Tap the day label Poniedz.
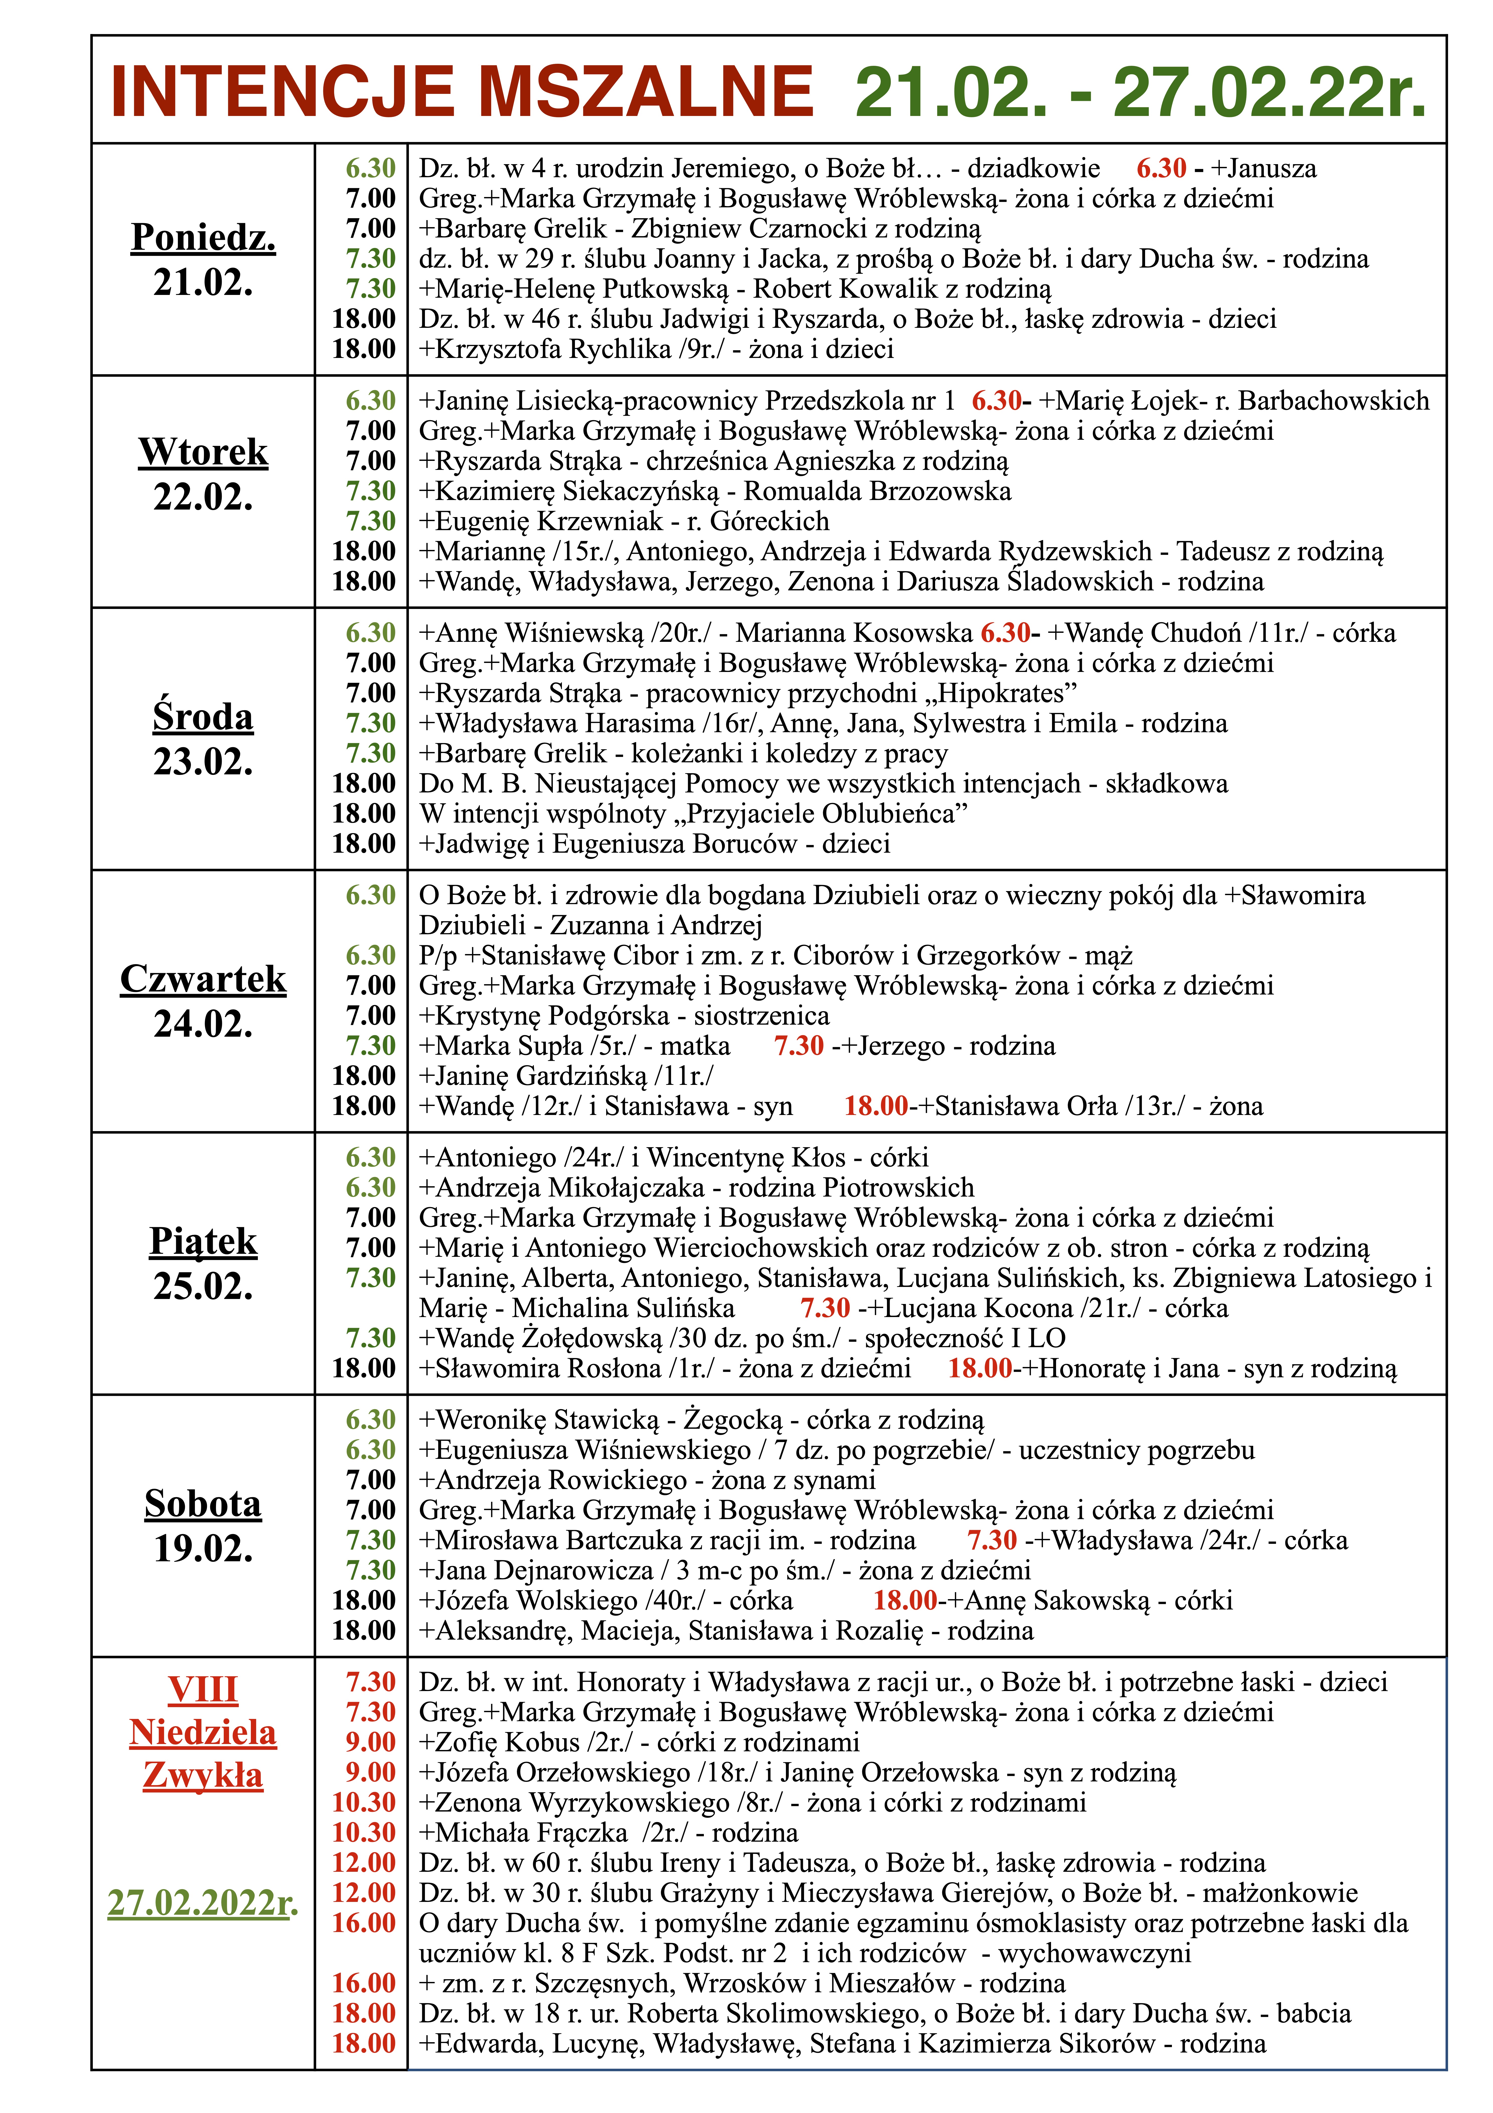[x=203, y=237]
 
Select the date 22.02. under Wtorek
[x=203, y=497]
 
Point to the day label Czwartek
[x=203, y=979]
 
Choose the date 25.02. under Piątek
[x=203, y=1287]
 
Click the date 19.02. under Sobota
[x=203, y=1549]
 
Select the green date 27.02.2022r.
[x=203, y=1902]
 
